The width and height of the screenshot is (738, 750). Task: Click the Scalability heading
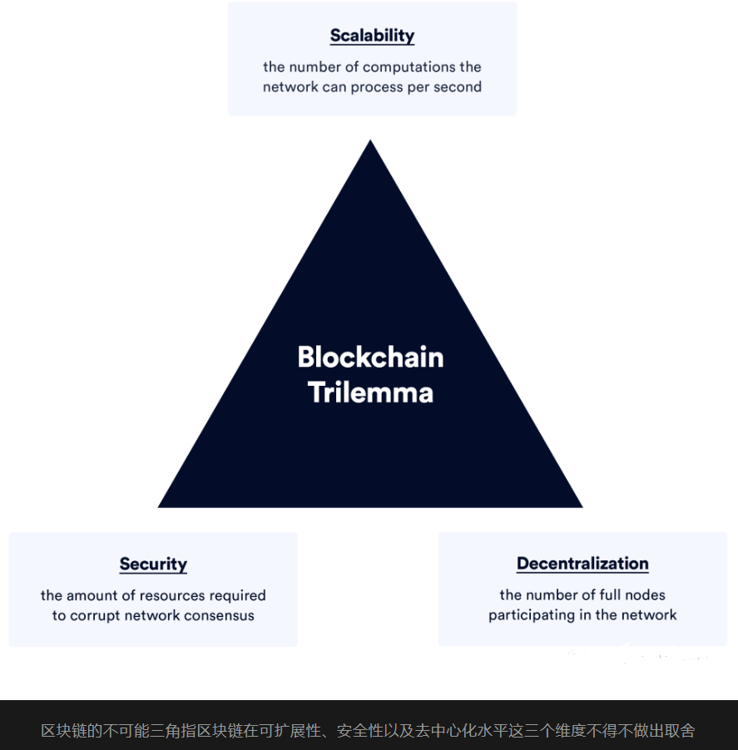pyautogui.click(x=372, y=36)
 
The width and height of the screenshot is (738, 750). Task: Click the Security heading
pyautogui.click(x=153, y=564)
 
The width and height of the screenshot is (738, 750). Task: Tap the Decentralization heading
pyautogui.click(x=582, y=563)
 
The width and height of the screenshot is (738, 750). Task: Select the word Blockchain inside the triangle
pyautogui.click(x=370, y=357)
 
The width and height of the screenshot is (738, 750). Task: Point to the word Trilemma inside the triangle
pyautogui.click(x=370, y=392)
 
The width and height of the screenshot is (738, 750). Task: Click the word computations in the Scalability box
pyautogui.click(x=409, y=67)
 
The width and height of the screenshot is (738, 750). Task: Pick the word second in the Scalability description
pyautogui.click(x=458, y=86)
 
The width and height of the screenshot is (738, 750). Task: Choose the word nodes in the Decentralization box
pyautogui.click(x=646, y=595)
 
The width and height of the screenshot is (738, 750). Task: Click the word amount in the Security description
pyautogui.click(x=92, y=595)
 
